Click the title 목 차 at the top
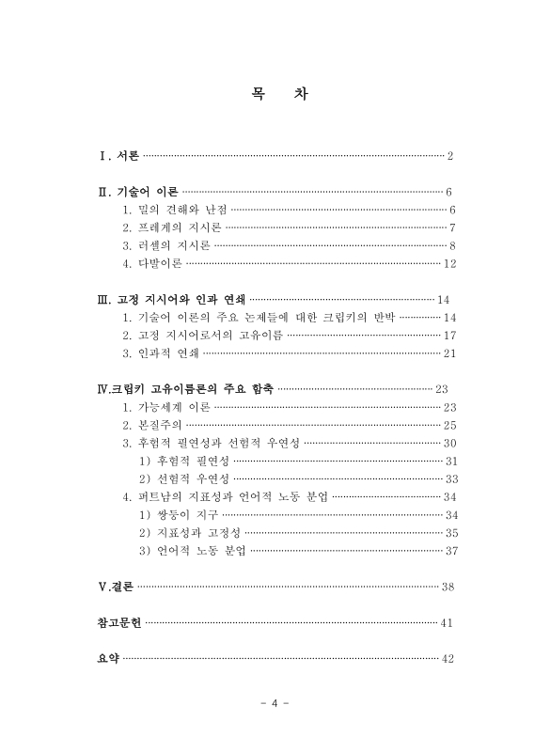coord(275,95)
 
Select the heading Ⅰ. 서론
coord(118,156)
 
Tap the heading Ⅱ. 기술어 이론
coord(138,191)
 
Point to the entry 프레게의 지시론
coord(173,227)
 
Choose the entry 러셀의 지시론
coord(167,245)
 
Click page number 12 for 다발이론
coord(448,263)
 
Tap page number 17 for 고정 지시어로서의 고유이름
coord(448,336)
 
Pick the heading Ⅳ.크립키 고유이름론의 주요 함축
coord(185,389)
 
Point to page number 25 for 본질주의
coord(449,426)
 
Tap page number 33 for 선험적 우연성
coord(449,479)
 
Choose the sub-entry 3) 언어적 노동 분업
coord(192,551)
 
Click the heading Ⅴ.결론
coord(116,587)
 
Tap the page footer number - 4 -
coord(275,704)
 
